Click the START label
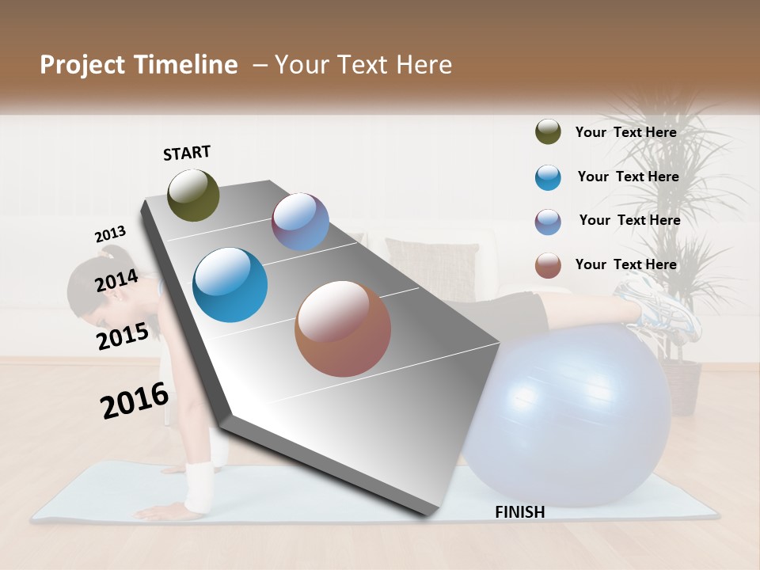(x=187, y=153)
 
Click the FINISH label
(x=520, y=512)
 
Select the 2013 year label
(x=110, y=234)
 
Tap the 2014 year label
(x=117, y=280)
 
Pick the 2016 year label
(x=135, y=400)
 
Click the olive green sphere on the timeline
(x=194, y=195)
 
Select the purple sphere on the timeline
(x=300, y=222)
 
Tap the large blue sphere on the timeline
(x=230, y=285)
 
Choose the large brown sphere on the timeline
(x=343, y=329)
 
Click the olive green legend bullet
(x=548, y=132)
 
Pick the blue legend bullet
(x=548, y=177)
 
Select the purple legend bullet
(x=548, y=222)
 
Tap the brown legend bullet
(x=548, y=265)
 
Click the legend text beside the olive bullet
(x=625, y=132)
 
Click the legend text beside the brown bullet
(x=625, y=264)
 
